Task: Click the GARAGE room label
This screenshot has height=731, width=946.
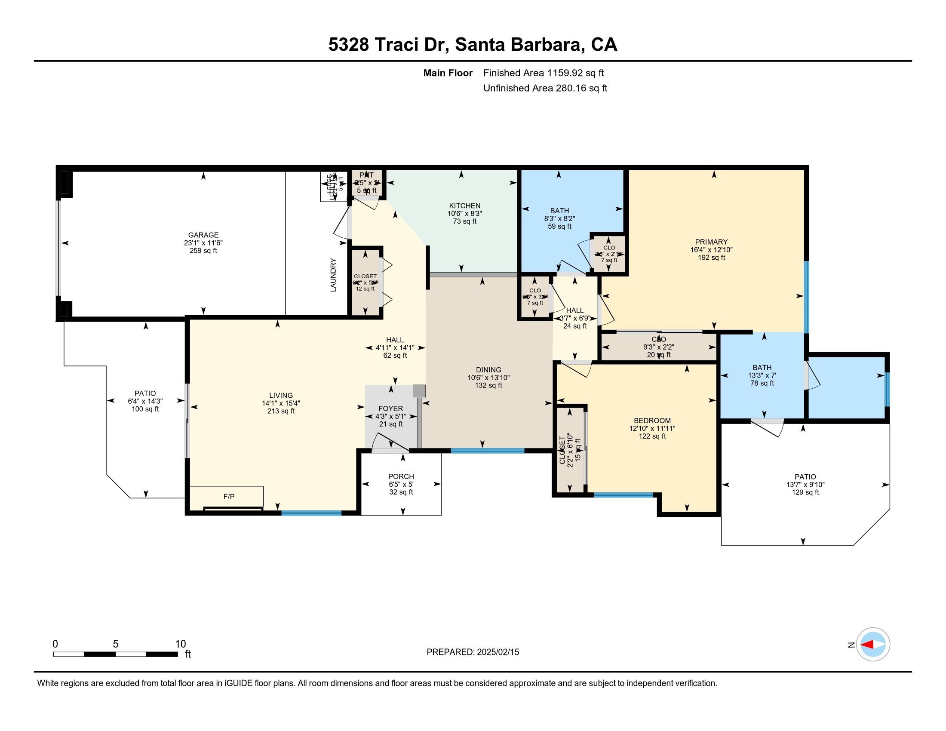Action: point(203,235)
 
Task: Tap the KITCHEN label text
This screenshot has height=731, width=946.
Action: point(464,206)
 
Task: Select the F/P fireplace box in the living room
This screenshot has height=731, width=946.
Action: point(229,497)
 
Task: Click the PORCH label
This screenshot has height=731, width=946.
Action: point(401,476)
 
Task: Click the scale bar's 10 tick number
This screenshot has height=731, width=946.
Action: point(180,644)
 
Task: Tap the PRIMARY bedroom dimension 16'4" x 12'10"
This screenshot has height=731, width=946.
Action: point(711,250)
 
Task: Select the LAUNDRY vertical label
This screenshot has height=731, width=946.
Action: point(333,275)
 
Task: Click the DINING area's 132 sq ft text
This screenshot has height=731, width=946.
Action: point(488,385)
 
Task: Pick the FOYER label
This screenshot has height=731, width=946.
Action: point(391,408)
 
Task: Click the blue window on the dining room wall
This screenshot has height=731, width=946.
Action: point(487,451)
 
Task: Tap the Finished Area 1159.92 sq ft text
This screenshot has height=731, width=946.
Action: point(543,73)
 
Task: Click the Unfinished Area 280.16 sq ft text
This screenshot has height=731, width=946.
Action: point(545,88)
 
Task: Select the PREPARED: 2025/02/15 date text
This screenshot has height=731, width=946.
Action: point(473,652)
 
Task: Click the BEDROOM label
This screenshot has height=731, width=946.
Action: point(652,421)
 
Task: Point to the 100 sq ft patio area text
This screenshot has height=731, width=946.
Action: point(145,409)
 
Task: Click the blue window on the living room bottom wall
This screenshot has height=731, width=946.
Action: point(311,513)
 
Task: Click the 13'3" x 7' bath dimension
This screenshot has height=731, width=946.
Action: point(762,375)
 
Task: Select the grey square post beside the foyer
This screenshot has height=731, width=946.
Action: point(419,391)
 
